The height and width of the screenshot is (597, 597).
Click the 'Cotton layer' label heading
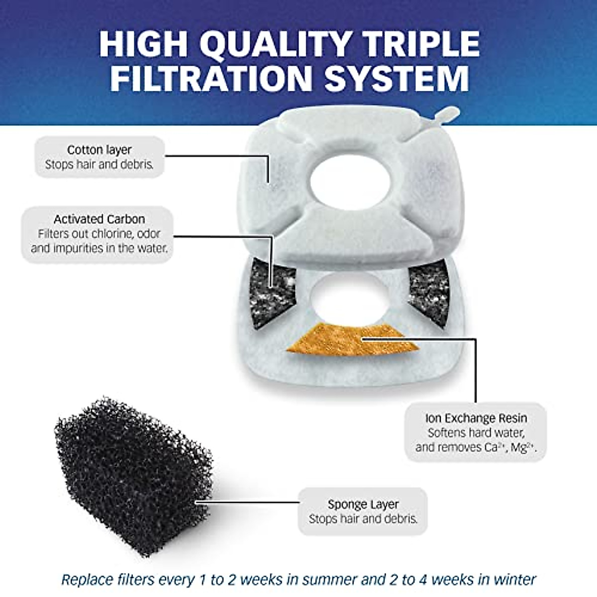pos(99,150)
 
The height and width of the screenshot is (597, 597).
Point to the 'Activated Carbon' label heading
pos(99,219)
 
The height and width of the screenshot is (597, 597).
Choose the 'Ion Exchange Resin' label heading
pos(476,418)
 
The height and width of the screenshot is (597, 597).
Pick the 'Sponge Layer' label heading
pos(363,504)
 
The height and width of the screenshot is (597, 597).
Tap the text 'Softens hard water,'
pos(476,433)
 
